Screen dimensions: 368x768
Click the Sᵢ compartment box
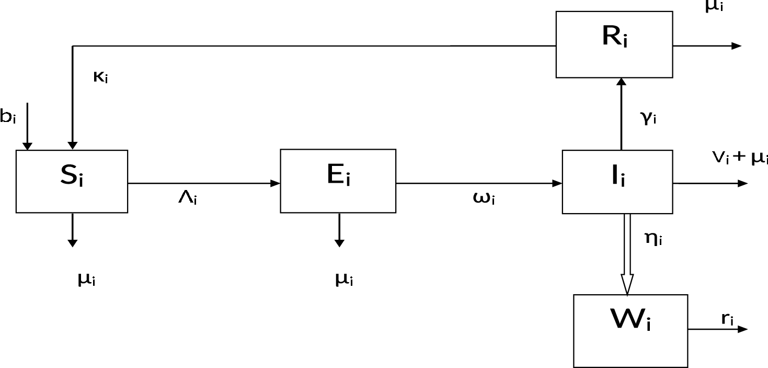point(72,181)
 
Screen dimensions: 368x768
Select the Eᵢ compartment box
point(338,181)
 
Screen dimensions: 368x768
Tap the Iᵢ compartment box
point(617,182)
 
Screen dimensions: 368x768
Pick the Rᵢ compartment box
point(614,44)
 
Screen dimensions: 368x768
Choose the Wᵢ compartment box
point(630,330)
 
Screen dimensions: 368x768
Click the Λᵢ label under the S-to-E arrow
point(187,199)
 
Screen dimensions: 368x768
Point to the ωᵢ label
point(484,199)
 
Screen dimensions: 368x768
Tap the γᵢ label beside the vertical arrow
point(648,118)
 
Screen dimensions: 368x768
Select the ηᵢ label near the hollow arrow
point(654,240)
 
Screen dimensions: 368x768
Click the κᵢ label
point(100,77)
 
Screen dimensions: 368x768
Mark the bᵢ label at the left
point(8,117)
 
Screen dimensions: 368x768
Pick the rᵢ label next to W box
point(727,319)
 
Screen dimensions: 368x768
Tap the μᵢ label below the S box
point(86,280)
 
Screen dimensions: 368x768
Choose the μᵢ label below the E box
point(343,280)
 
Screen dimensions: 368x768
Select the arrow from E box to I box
point(478,183)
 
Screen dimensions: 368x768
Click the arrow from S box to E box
point(204,183)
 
